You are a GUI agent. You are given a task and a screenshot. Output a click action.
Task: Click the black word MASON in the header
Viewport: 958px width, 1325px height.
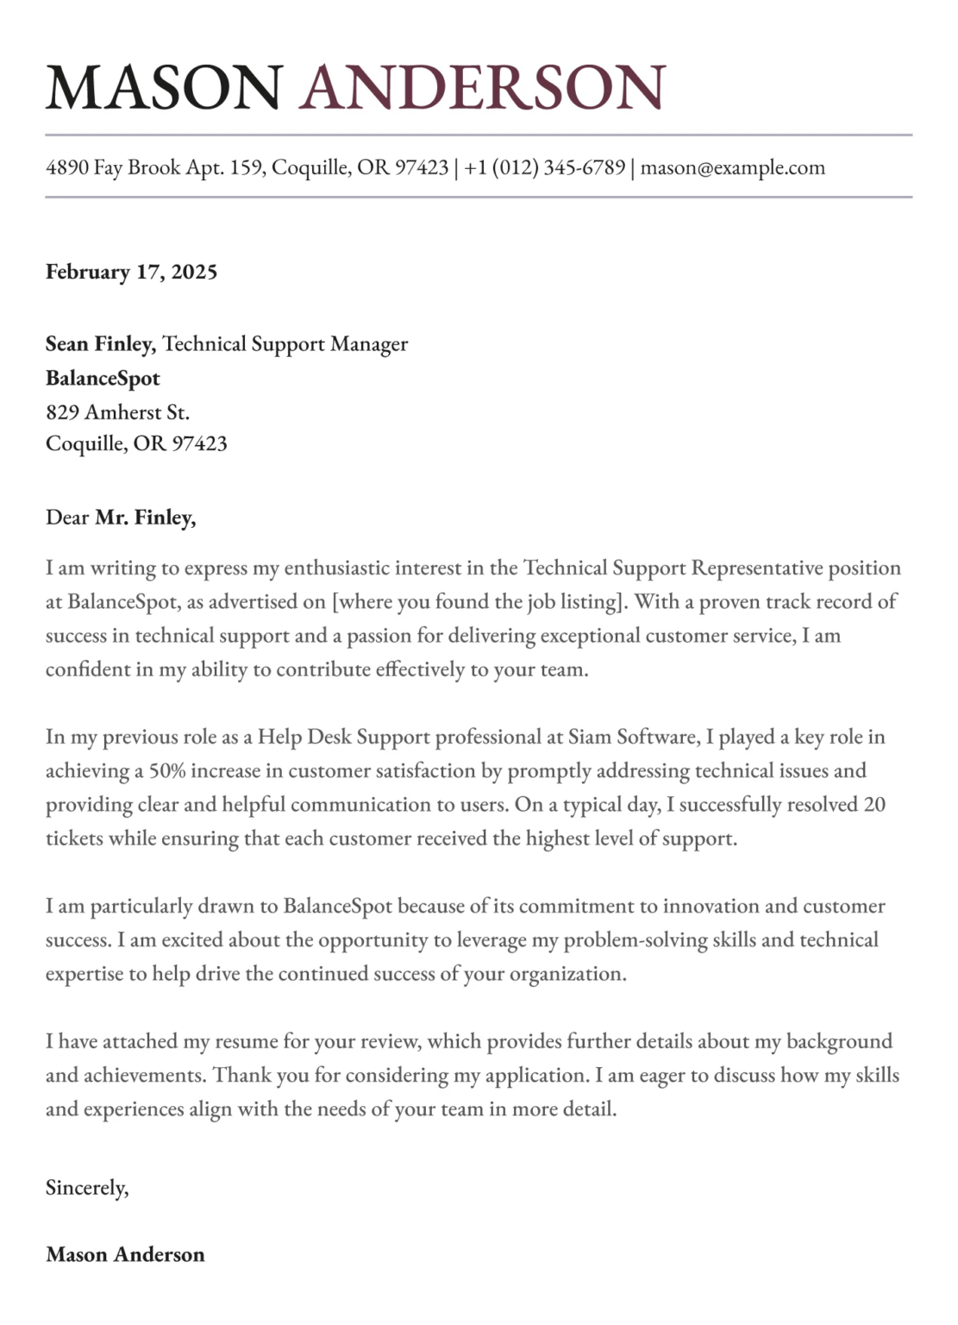point(164,87)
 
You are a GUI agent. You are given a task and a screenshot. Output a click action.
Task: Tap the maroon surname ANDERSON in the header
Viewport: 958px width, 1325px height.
point(483,87)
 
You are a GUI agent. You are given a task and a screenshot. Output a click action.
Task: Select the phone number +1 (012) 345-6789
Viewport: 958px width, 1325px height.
point(544,167)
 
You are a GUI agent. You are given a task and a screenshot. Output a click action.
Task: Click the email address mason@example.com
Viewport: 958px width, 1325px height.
point(732,167)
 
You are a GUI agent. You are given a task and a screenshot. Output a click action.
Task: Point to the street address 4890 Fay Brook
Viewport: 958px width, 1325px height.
point(113,167)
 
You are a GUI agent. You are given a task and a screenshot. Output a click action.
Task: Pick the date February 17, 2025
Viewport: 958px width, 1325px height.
point(131,272)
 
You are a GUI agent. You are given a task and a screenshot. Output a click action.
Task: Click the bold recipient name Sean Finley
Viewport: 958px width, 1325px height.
point(100,344)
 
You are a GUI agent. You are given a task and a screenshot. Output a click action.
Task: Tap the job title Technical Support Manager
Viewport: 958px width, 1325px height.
point(285,344)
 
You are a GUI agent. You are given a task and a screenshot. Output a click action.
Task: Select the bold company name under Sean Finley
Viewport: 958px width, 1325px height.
point(103,379)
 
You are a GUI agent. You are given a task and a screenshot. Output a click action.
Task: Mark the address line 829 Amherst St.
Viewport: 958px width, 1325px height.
point(117,412)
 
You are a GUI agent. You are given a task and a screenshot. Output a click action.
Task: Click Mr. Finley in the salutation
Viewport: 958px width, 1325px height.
point(145,518)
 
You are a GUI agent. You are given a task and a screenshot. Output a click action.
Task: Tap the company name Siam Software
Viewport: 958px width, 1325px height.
point(631,737)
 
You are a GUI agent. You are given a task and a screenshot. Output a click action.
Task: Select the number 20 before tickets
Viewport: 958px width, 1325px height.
point(873,804)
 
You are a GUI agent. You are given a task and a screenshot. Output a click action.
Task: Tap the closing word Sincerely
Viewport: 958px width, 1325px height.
point(87,1188)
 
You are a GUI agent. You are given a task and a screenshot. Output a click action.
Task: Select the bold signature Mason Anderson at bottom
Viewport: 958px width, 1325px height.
point(125,1254)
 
